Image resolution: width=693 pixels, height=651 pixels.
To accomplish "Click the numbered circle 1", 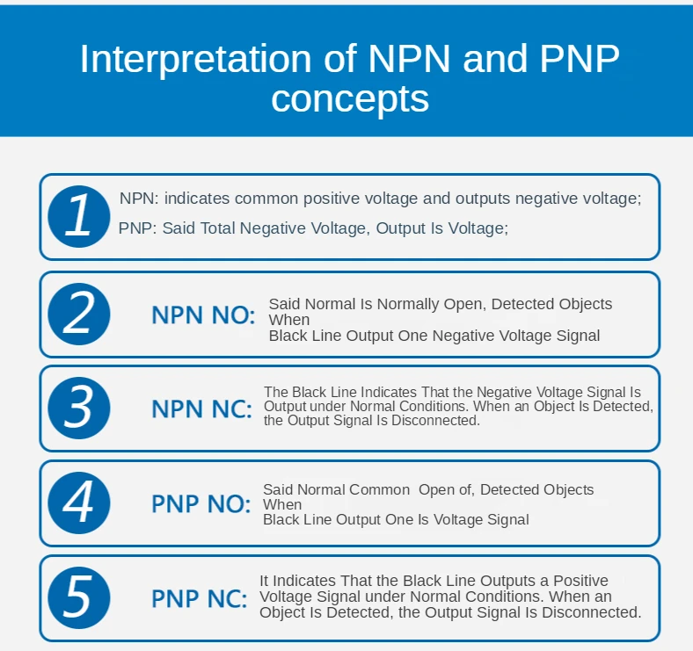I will (78, 215).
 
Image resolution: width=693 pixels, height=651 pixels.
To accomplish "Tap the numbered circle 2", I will (78, 314).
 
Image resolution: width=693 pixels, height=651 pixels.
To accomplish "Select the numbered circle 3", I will (78, 408).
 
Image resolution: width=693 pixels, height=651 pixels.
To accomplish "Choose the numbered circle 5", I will (78, 597).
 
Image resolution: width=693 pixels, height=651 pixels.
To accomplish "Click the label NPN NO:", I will (203, 315).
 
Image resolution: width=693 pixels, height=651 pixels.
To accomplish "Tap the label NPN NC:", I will (201, 409).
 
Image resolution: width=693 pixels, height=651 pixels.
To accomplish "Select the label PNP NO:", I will (201, 504).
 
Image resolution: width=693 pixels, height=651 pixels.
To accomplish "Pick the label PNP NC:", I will (200, 599).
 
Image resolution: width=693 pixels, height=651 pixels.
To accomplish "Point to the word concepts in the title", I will (350, 98).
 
